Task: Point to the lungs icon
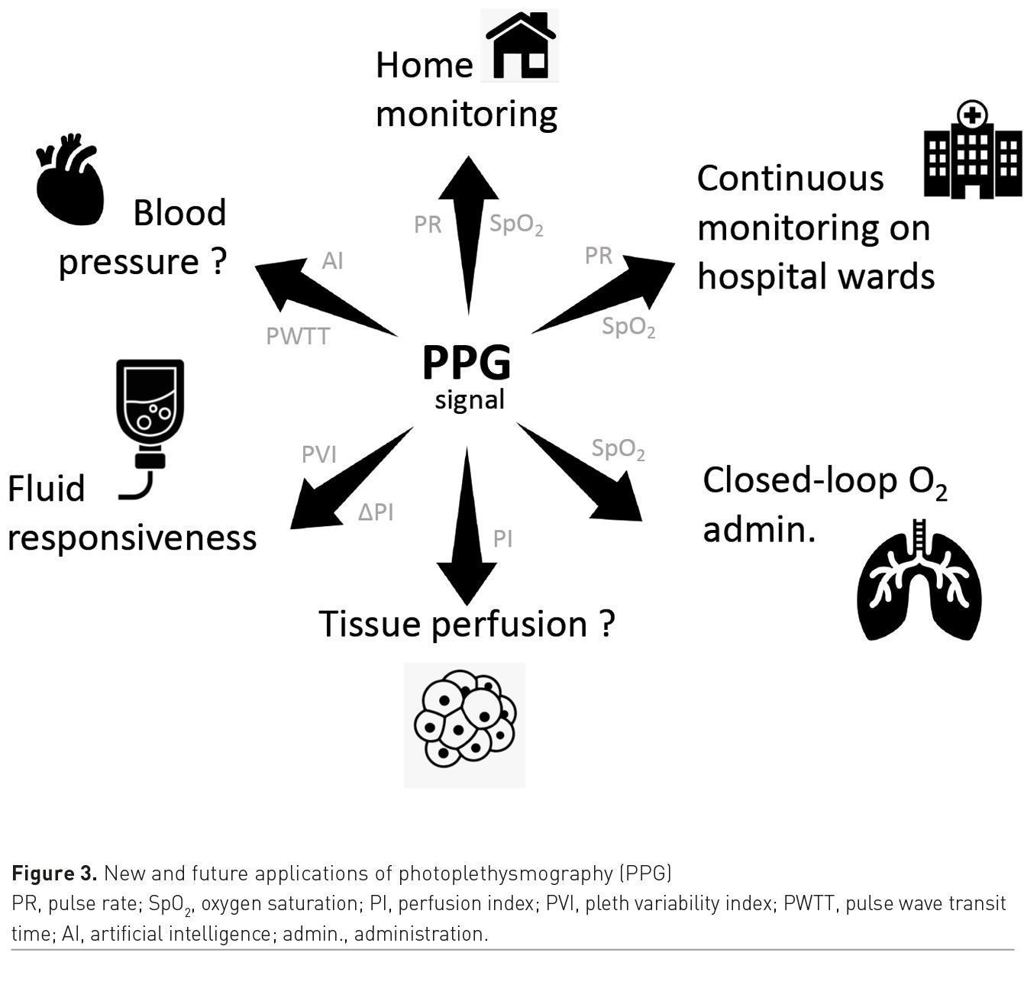[919, 580]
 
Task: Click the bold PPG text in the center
[466, 363]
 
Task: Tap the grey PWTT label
[298, 336]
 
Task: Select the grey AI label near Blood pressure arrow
[332, 261]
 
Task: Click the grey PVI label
[318, 455]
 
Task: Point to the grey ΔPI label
[376, 512]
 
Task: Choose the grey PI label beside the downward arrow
[502, 540]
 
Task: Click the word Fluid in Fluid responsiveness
[46, 489]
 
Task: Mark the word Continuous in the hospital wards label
[790, 179]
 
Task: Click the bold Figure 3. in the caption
[54, 873]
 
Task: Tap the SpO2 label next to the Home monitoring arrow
[516, 224]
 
